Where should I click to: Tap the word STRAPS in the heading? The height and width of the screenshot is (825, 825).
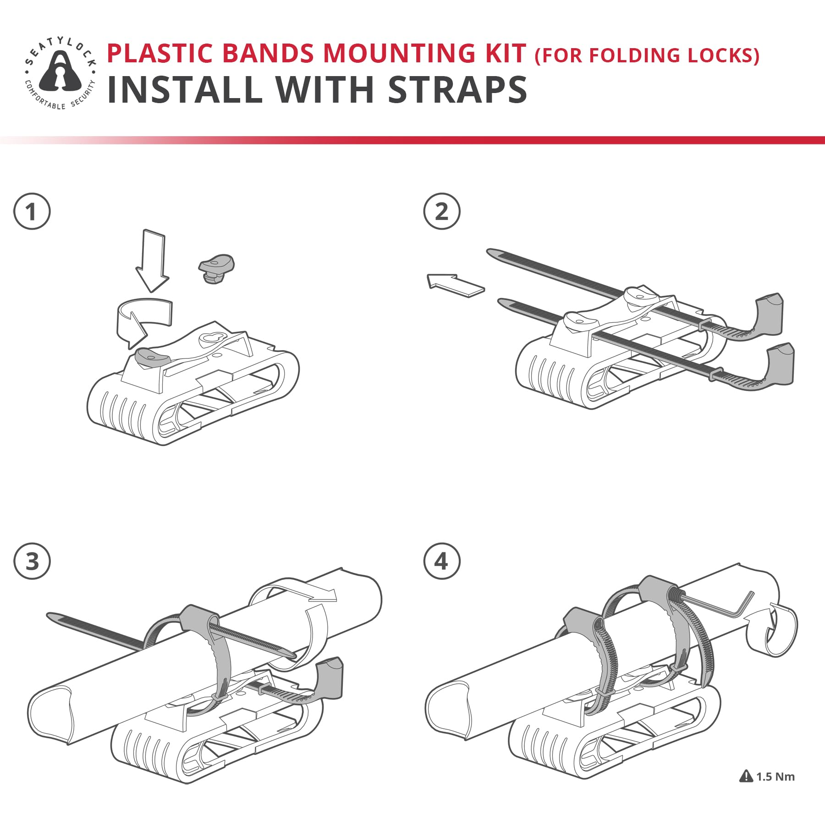(x=457, y=89)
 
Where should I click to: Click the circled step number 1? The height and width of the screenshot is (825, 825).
(x=32, y=212)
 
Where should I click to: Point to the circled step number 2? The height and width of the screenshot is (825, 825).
(x=441, y=211)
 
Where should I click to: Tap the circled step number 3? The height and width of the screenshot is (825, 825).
(x=32, y=561)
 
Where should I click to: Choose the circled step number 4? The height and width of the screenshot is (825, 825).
(x=441, y=561)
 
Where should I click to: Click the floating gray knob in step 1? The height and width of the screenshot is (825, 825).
(x=216, y=269)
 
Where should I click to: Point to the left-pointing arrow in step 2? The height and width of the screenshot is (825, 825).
(x=455, y=285)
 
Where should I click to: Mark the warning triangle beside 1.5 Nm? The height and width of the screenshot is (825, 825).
(x=746, y=776)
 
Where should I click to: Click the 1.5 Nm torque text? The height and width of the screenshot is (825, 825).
(x=775, y=776)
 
